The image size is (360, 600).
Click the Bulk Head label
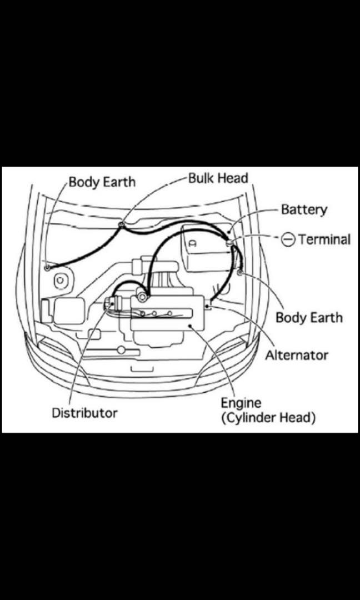pyautogui.click(x=218, y=178)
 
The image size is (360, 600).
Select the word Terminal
pyautogui.click(x=324, y=239)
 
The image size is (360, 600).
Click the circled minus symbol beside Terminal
pyautogui.click(x=288, y=239)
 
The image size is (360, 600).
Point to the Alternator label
pyautogui.click(x=296, y=354)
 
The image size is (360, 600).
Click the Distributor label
pyautogui.click(x=84, y=413)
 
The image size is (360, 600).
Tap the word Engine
pyautogui.click(x=241, y=402)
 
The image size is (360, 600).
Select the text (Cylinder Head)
pyautogui.click(x=268, y=418)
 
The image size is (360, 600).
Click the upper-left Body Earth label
pyautogui.click(x=102, y=182)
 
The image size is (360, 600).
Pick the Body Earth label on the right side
pyautogui.click(x=309, y=318)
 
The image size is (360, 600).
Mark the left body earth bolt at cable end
pyautogui.click(x=48, y=268)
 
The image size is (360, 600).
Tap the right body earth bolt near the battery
pyautogui.click(x=240, y=273)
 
